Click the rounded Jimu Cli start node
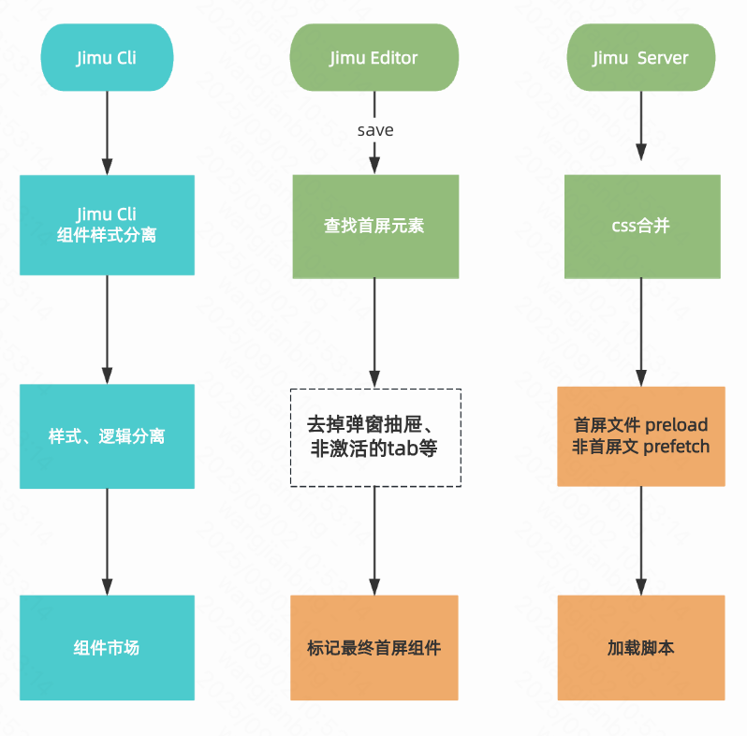(107, 58)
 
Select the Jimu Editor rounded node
(374, 58)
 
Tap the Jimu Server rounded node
(640, 58)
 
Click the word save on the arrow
(375, 130)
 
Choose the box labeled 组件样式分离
(107, 225)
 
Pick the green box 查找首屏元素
(375, 226)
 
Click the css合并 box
(641, 226)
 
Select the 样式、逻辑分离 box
(107, 436)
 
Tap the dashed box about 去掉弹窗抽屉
(375, 436)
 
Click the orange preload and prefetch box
(641, 436)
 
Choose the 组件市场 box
(107, 647)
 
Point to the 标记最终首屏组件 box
(374, 647)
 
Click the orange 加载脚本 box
(641, 647)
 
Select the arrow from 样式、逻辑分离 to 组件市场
(107, 541)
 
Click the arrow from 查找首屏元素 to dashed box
(375, 332)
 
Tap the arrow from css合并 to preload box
(641, 332)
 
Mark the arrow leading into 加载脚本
(641, 541)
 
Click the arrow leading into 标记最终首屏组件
(375, 541)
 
